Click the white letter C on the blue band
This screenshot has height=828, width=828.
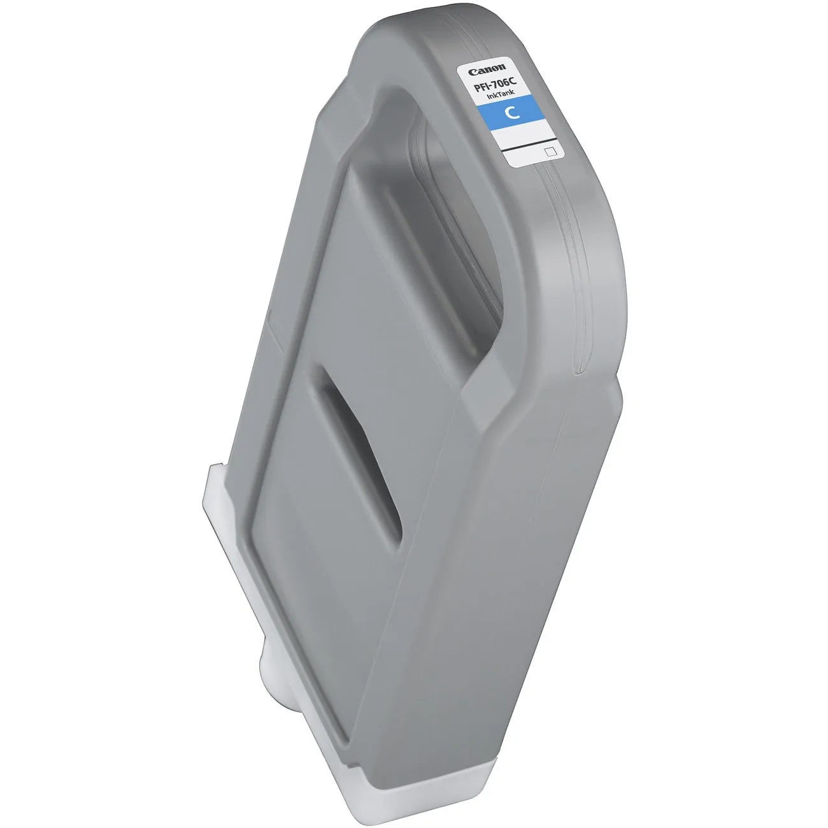tap(526, 112)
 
